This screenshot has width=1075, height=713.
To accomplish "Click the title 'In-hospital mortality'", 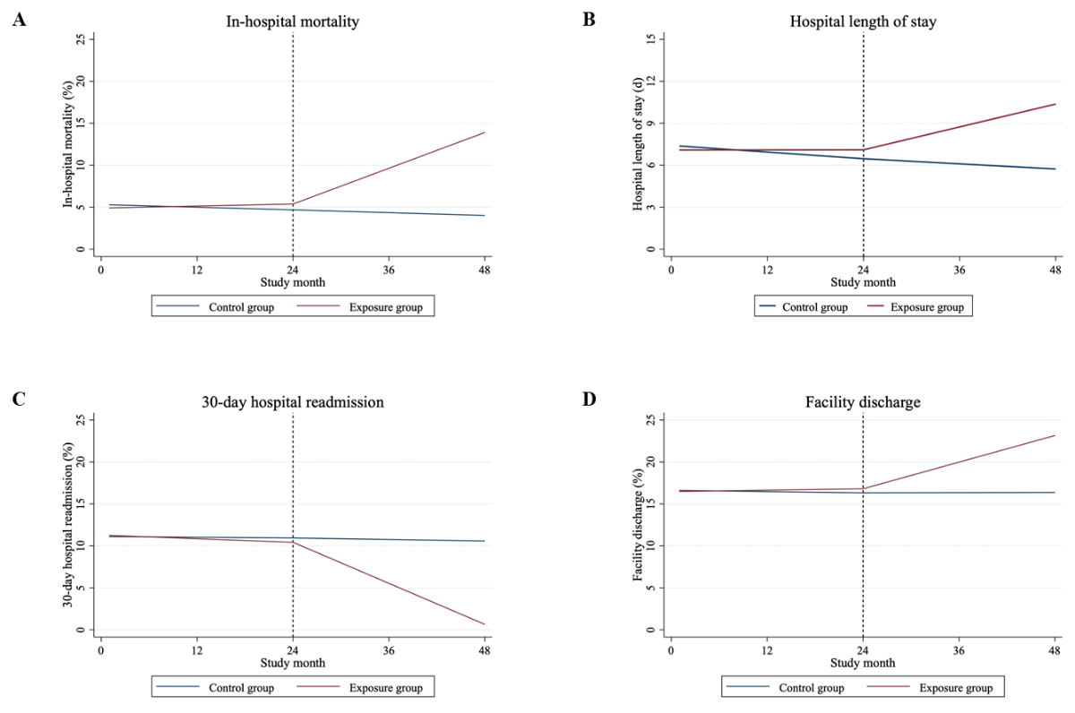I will click(x=293, y=21).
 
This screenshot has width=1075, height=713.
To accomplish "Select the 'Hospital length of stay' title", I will click(x=863, y=21).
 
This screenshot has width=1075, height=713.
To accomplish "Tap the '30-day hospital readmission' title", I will click(x=293, y=402).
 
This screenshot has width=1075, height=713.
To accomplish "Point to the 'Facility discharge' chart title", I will click(x=863, y=402).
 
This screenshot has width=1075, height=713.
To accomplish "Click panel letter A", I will click(x=19, y=20).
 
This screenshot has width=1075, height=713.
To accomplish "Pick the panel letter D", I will click(x=589, y=399).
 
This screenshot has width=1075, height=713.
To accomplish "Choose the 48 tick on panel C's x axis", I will click(x=485, y=649).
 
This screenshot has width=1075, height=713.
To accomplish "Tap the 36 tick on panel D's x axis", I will click(x=959, y=649).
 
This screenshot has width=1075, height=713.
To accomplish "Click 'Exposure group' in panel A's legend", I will click(x=385, y=307).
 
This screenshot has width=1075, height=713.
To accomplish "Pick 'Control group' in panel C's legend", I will click(x=241, y=688).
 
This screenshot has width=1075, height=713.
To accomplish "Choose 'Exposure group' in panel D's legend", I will click(x=955, y=688).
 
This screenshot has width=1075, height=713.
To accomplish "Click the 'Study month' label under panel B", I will click(x=863, y=281).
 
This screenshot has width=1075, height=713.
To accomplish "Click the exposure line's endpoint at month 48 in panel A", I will click(x=485, y=133).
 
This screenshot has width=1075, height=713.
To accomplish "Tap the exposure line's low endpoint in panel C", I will click(x=485, y=624).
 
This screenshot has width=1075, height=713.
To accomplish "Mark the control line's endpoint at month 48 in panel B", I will click(x=1055, y=169).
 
